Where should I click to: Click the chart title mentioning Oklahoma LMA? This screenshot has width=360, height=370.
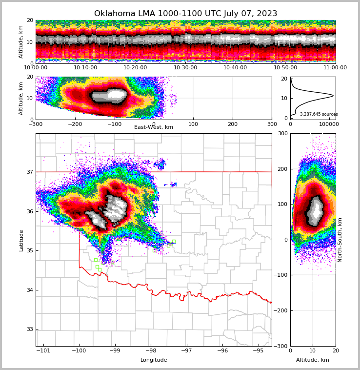185,14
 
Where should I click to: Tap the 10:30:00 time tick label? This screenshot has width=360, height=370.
185,68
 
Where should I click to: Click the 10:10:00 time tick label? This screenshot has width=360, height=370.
85,68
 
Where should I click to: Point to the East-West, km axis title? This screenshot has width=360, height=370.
154,127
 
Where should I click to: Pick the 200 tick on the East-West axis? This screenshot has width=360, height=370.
233,124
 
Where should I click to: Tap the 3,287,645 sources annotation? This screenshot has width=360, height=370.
319,115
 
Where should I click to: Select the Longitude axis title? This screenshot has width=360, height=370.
154,360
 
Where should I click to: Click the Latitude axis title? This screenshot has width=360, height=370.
21,240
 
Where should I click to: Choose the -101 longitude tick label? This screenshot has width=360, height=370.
44,350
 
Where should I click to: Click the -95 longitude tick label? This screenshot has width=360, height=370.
259,350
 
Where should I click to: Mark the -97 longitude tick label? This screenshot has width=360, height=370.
187,350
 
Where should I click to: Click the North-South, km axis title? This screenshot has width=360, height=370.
340,240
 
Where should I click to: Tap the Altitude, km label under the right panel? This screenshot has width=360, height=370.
313,360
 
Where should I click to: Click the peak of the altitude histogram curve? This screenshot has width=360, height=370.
333,95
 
